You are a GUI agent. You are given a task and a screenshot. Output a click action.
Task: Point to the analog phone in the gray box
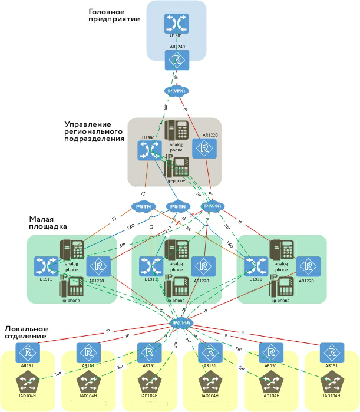click(x=176, y=131)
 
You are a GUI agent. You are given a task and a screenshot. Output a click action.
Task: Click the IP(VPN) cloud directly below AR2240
click(x=176, y=91)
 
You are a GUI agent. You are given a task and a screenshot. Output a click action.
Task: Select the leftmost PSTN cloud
click(x=143, y=207)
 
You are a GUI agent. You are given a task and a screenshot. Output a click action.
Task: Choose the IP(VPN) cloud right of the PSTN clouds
click(x=212, y=206)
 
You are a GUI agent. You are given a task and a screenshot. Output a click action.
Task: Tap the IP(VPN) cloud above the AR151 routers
click(x=181, y=323)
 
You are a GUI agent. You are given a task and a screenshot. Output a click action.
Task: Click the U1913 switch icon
click(x=150, y=266)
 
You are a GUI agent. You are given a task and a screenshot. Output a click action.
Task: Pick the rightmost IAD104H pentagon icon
click(x=332, y=383)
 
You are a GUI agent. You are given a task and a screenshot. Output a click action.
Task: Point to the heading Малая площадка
click(x=48, y=222)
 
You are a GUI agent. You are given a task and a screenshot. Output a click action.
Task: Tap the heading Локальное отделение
click(x=27, y=332)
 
